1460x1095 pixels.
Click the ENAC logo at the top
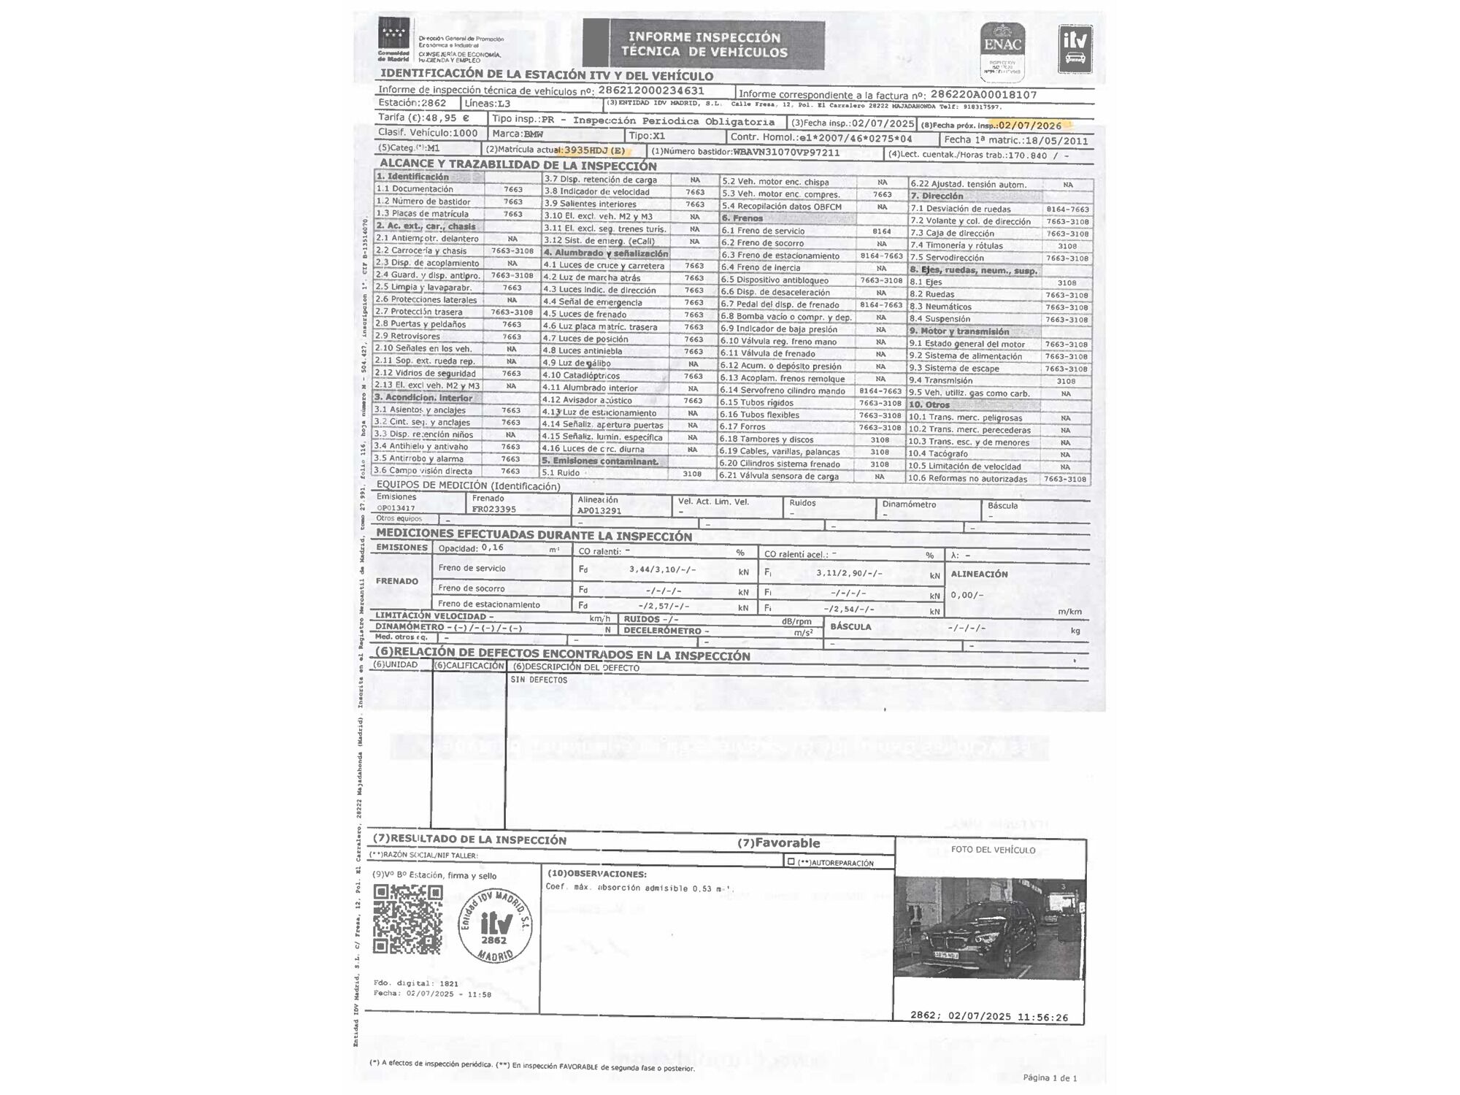(1003, 50)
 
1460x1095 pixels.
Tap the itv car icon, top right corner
(1075, 48)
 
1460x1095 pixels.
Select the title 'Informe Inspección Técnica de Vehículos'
(704, 45)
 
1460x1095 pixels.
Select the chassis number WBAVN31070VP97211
(786, 153)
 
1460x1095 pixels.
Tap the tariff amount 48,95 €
(447, 118)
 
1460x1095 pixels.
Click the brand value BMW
(534, 134)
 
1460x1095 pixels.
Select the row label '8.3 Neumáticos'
(940, 307)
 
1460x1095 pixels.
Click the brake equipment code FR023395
(493, 510)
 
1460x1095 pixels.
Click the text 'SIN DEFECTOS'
(539, 680)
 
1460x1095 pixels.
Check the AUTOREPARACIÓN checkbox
(791, 862)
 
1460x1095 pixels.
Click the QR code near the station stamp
(408, 920)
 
